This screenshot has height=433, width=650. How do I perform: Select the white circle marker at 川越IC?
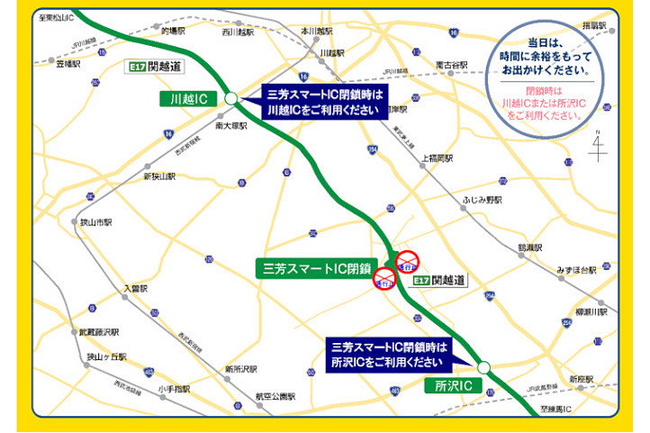[x=230, y=98]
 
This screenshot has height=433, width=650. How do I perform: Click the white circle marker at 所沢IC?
[x=483, y=366]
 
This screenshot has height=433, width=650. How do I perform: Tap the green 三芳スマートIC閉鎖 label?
[x=311, y=267]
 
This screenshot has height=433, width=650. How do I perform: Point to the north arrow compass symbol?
[x=597, y=147]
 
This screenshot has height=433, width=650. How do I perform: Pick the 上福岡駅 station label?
[x=438, y=158]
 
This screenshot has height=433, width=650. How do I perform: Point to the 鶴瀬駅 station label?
[x=529, y=247]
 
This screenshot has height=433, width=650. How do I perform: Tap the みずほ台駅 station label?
[x=576, y=270]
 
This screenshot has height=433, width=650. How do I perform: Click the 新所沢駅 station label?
[x=241, y=369]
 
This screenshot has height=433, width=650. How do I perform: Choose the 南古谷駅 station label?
[x=451, y=65]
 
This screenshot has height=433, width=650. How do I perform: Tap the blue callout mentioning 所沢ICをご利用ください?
[x=389, y=356]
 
